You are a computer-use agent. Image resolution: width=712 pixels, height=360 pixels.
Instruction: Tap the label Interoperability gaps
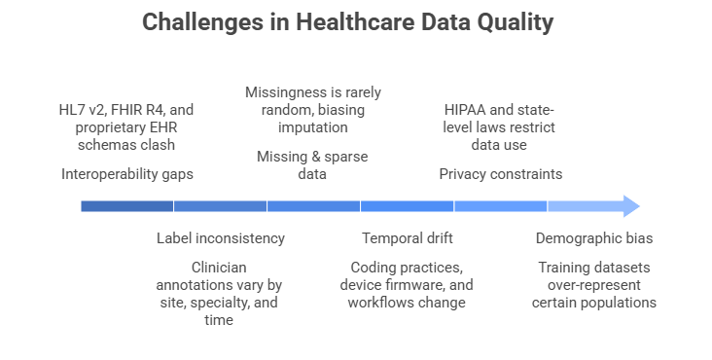(x=127, y=174)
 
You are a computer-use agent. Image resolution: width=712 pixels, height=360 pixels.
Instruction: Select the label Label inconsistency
(x=221, y=237)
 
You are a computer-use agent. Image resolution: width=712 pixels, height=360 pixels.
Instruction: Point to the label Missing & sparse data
(x=312, y=165)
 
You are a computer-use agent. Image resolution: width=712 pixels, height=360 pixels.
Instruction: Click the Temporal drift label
(x=408, y=237)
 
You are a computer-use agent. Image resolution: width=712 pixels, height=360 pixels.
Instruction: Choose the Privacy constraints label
(x=500, y=174)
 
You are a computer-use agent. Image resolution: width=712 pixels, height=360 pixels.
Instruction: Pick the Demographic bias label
(x=594, y=237)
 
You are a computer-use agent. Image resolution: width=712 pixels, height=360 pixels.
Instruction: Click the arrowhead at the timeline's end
(x=629, y=206)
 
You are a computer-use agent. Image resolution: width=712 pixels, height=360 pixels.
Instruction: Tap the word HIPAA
(x=463, y=111)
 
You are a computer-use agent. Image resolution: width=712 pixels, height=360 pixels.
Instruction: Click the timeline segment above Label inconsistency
(x=221, y=206)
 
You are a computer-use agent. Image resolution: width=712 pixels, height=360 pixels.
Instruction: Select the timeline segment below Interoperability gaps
(x=127, y=206)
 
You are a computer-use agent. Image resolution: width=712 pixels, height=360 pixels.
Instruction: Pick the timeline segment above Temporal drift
(x=408, y=206)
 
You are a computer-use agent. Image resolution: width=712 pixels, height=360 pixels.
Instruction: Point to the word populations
(x=618, y=303)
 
